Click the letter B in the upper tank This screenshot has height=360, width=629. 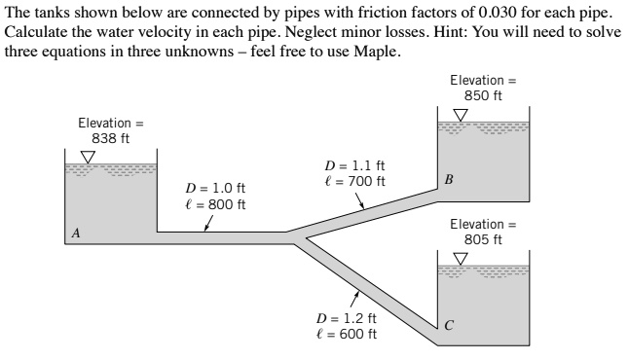pos(448,178)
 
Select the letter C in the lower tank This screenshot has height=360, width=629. pos(448,324)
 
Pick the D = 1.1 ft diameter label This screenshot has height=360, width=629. pos(354,165)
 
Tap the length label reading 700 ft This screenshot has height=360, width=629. pos(354,181)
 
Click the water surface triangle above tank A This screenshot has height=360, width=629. pos(89,157)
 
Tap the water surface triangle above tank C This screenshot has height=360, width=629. pos(462,258)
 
